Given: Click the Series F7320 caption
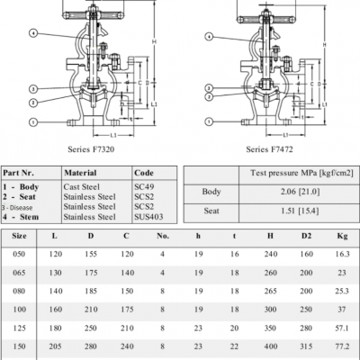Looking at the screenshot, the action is [91, 149].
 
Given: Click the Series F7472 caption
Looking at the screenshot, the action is [269, 149].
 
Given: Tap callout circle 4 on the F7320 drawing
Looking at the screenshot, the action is [33, 32].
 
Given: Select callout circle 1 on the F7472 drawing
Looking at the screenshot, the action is [209, 121].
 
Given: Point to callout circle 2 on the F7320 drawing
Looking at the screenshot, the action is [33, 103].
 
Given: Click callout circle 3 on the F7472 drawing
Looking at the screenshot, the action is [209, 88].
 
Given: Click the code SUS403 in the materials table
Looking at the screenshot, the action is [148, 217].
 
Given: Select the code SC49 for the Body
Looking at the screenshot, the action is [144, 186].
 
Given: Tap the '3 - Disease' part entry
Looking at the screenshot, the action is [17, 208].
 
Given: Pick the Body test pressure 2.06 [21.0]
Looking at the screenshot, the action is [300, 192].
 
